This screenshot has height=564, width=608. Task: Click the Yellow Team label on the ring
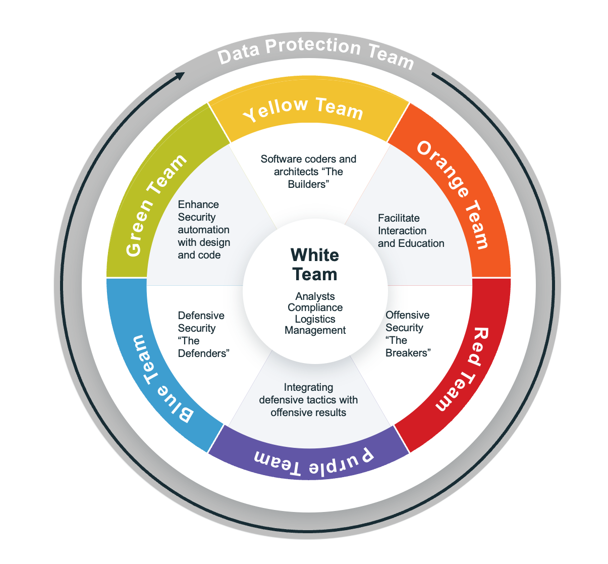303,109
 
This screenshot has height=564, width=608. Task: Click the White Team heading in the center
315,265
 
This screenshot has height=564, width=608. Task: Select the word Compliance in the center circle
315,307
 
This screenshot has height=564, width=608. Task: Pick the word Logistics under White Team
315,319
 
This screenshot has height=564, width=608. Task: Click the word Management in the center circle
315,331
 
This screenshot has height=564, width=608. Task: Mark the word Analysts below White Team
315,296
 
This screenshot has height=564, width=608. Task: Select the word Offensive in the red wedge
407,315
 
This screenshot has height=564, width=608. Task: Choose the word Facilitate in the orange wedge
399,218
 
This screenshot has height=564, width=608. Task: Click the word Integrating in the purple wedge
308,387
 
